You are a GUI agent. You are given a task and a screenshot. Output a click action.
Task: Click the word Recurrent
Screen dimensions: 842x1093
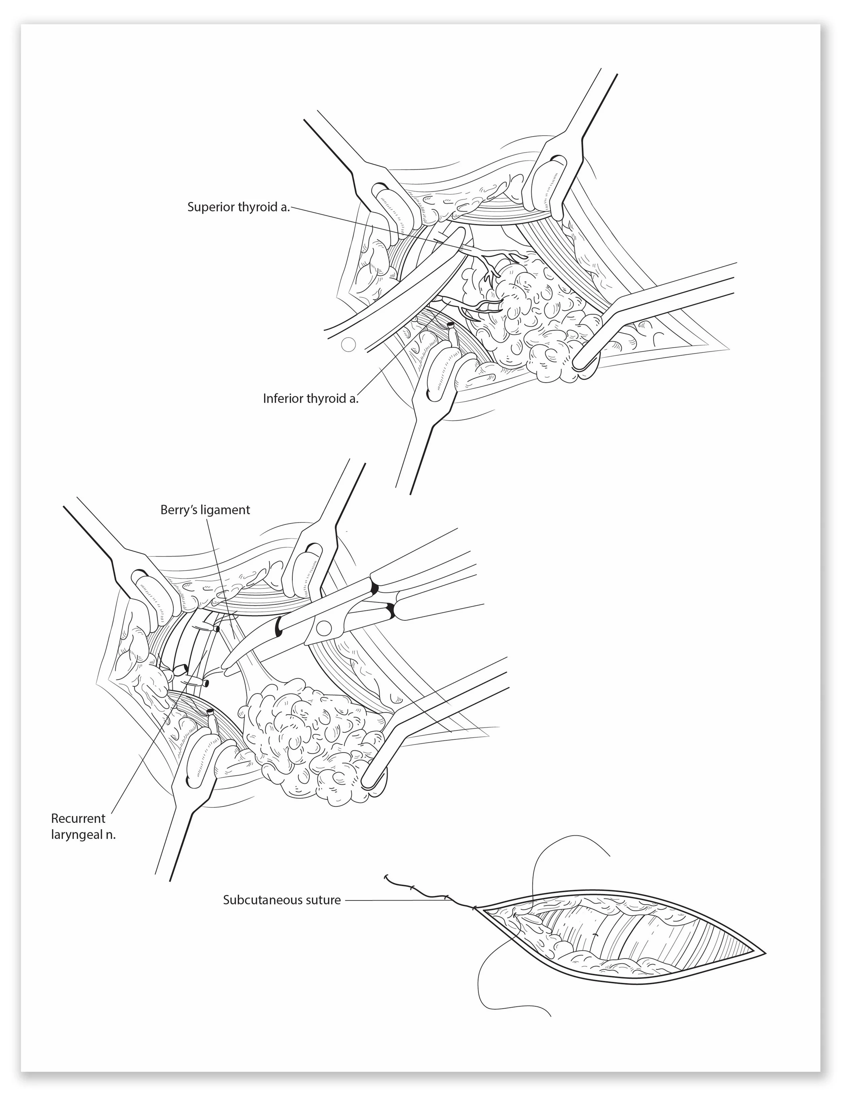[x=78, y=819]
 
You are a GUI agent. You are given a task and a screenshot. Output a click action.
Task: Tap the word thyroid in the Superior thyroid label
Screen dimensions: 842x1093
[x=257, y=207]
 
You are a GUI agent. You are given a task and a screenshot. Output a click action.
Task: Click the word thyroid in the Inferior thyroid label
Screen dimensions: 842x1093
[x=328, y=399]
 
